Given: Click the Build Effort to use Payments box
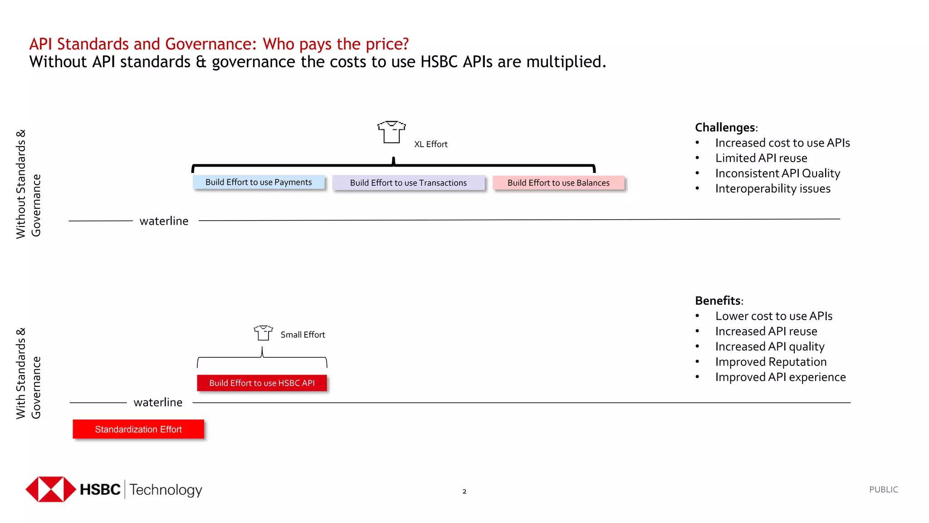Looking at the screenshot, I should click(259, 182).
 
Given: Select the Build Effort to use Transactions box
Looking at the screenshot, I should click(408, 183).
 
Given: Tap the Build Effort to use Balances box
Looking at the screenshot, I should click(558, 183).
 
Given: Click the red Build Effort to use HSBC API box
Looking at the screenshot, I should click(262, 383).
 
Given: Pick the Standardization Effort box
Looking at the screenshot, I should click(138, 429).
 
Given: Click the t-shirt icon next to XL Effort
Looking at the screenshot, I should click(391, 132).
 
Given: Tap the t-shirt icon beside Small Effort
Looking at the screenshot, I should click(263, 333).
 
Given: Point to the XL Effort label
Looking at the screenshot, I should click(430, 144).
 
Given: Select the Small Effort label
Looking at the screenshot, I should click(303, 335).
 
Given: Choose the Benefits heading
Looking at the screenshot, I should click(719, 301).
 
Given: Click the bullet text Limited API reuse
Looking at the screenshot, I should click(761, 158).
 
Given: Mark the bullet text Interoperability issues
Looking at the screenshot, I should click(773, 188).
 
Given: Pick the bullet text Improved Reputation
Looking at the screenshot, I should click(771, 362).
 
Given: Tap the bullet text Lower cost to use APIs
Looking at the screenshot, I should click(773, 316).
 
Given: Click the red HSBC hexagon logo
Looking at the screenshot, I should click(51, 489).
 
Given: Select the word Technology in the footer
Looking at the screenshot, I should click(166, 489).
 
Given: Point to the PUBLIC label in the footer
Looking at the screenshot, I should click(883, 489).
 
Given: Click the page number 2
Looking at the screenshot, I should click(464, 491).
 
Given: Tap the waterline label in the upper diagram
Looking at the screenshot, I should click(164, 221).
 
